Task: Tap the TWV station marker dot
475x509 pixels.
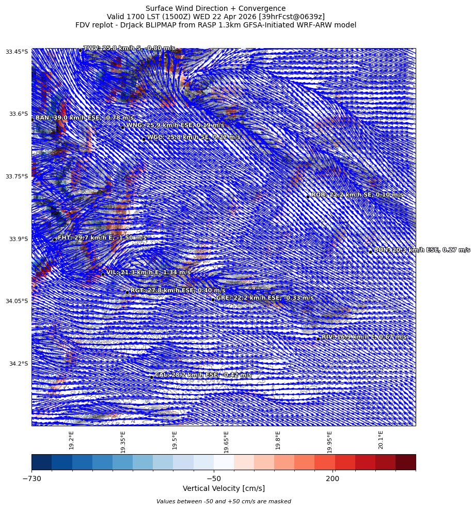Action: (80, 50)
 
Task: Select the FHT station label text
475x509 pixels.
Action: (102, 238)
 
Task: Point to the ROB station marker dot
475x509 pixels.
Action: (308, 197)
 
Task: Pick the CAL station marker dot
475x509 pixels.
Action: (151, 377)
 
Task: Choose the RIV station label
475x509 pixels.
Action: (363, 337)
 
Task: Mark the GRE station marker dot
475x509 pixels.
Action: (213, 300)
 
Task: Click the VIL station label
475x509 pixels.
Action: (148, 273)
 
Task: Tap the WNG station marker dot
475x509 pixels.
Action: (122, 127)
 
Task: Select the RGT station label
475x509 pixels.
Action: (178, 291)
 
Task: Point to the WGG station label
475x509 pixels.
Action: (193, 138)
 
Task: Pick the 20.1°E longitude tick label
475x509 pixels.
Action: (381, 440)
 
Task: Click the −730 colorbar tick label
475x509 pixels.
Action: (31, 478)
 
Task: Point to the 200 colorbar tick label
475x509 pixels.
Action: (332, 478)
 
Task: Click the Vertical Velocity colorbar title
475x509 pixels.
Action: (224, 488)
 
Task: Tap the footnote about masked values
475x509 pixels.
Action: (224, 501)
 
